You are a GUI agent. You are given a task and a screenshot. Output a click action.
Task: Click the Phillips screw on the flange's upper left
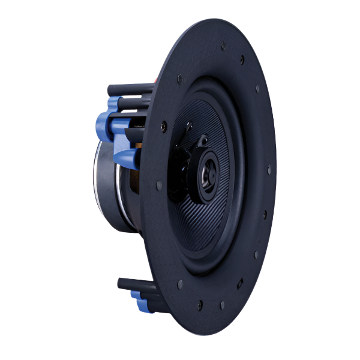[179, 77]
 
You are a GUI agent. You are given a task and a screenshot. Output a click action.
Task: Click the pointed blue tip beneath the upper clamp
[122, 157]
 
